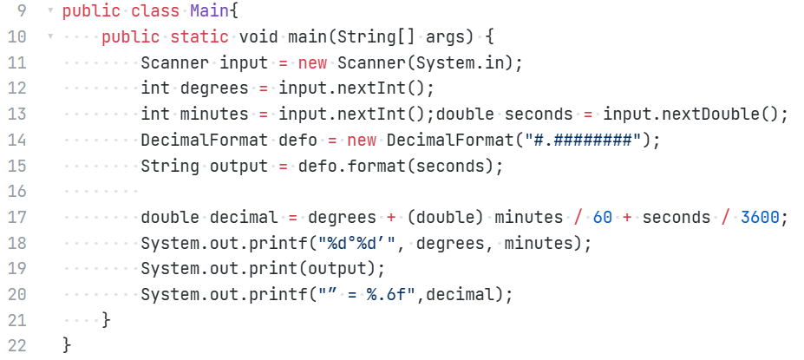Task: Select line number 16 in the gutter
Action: (x=18, y=191)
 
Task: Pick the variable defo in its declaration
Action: (x=303, y=140)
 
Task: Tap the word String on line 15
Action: (x=170, y=166)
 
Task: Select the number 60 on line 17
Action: (x=603, y=217)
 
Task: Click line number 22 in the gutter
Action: (x=18, y=344)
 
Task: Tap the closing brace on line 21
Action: (x=106, y=320)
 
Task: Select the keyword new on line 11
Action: (x=313, y=63)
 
